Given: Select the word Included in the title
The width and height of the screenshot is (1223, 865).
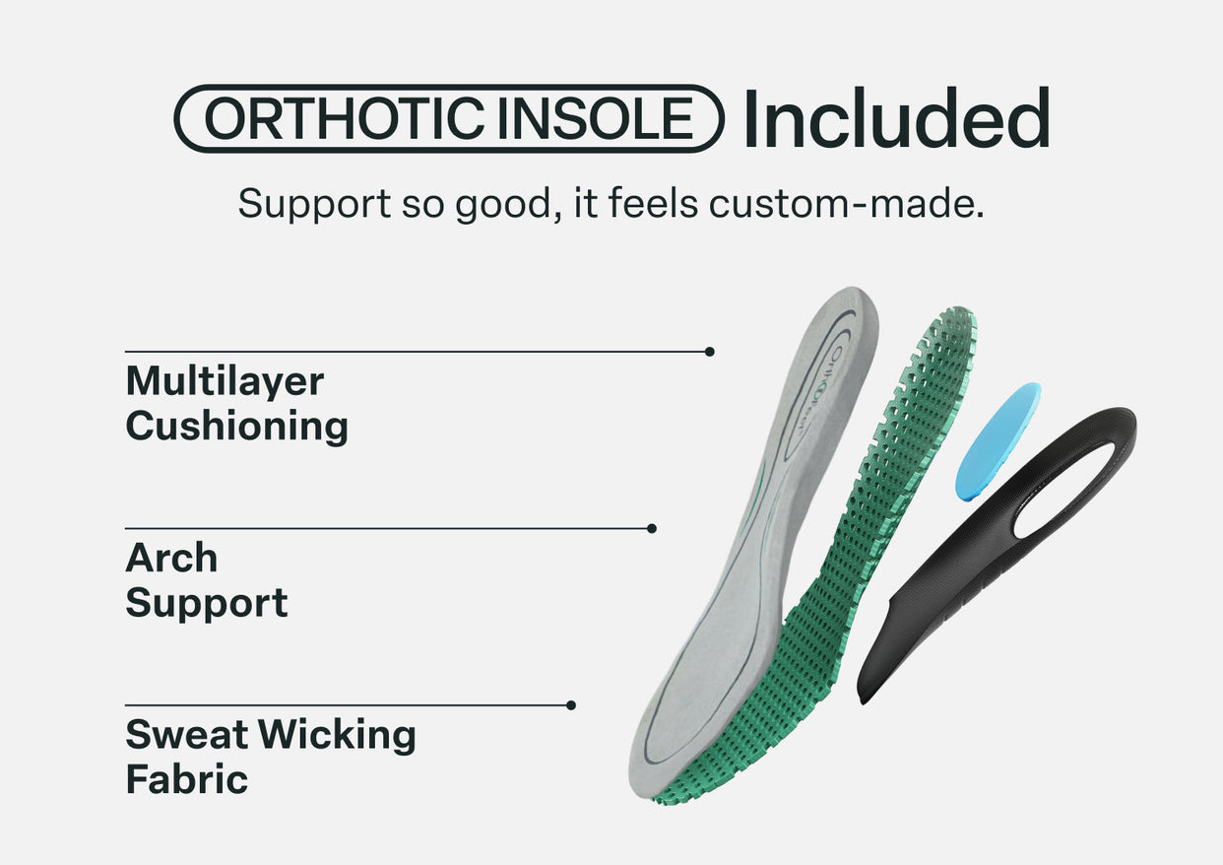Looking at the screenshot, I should click(896, 118).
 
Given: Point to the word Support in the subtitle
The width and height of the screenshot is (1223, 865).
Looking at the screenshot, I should click(314, 204).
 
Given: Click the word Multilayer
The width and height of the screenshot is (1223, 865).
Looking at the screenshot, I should click(225, 382).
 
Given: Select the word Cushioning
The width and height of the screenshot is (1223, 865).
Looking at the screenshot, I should click(237, 427).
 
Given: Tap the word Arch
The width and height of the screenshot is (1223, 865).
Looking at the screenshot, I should click(171, 559).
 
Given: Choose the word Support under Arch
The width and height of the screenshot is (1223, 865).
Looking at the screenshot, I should click(207, 603).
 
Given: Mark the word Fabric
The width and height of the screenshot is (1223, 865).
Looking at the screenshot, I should click(186, 779).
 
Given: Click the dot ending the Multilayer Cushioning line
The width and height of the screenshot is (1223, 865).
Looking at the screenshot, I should click(710, 352).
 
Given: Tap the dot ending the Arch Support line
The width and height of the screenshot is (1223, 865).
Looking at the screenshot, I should click(652, 529).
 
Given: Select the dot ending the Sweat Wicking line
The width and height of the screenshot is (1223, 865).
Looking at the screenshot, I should click(571, 705).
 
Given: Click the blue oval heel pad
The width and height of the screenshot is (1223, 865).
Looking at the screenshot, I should click(998, 440).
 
